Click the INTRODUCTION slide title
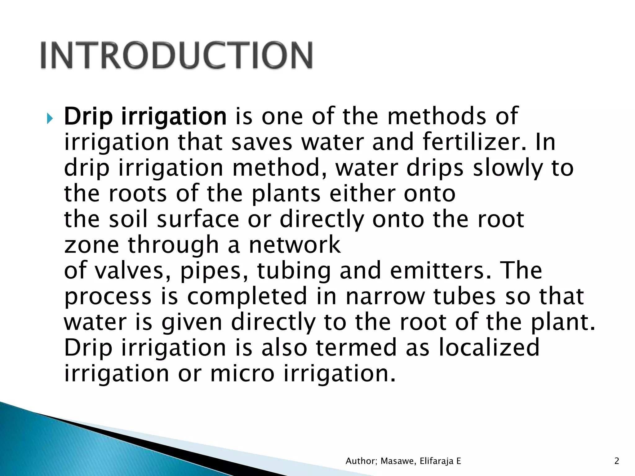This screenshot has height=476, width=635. pyautogui.click(x=176, y=55)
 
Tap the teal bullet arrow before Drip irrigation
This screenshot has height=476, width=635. pyautogui.click(x=50, y=118)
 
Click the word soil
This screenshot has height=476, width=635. pyautogui.click(x=128, y=219)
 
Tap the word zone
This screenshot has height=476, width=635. pyautogui.click(x=91, y=245)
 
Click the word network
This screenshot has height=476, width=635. pyautogui.click(x=295, y=245)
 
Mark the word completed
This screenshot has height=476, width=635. pyautogui.click(x=247, y=296)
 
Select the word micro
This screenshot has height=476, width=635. pyautogui.click(x=242, y=373)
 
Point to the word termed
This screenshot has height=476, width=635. pyautogui.click(x=356, y=347)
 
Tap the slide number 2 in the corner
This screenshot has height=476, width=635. pyautogui.click(x=617, y=461)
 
